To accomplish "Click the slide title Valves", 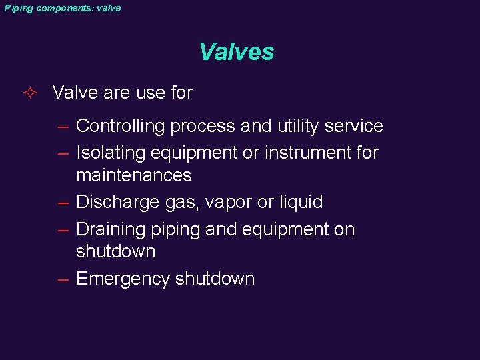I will (x=237, y=52).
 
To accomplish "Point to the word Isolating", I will (x=111, y=153).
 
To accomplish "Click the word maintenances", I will (x=134, y=175).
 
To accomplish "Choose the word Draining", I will (x=110, y=229).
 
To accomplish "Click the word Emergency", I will (x=123, y=279).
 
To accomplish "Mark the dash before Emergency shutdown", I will (x=63, y=279).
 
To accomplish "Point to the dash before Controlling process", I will (x=63, y=127).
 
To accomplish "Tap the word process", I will (x=204, y=127).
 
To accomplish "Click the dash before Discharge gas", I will (x=63, y=203).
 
